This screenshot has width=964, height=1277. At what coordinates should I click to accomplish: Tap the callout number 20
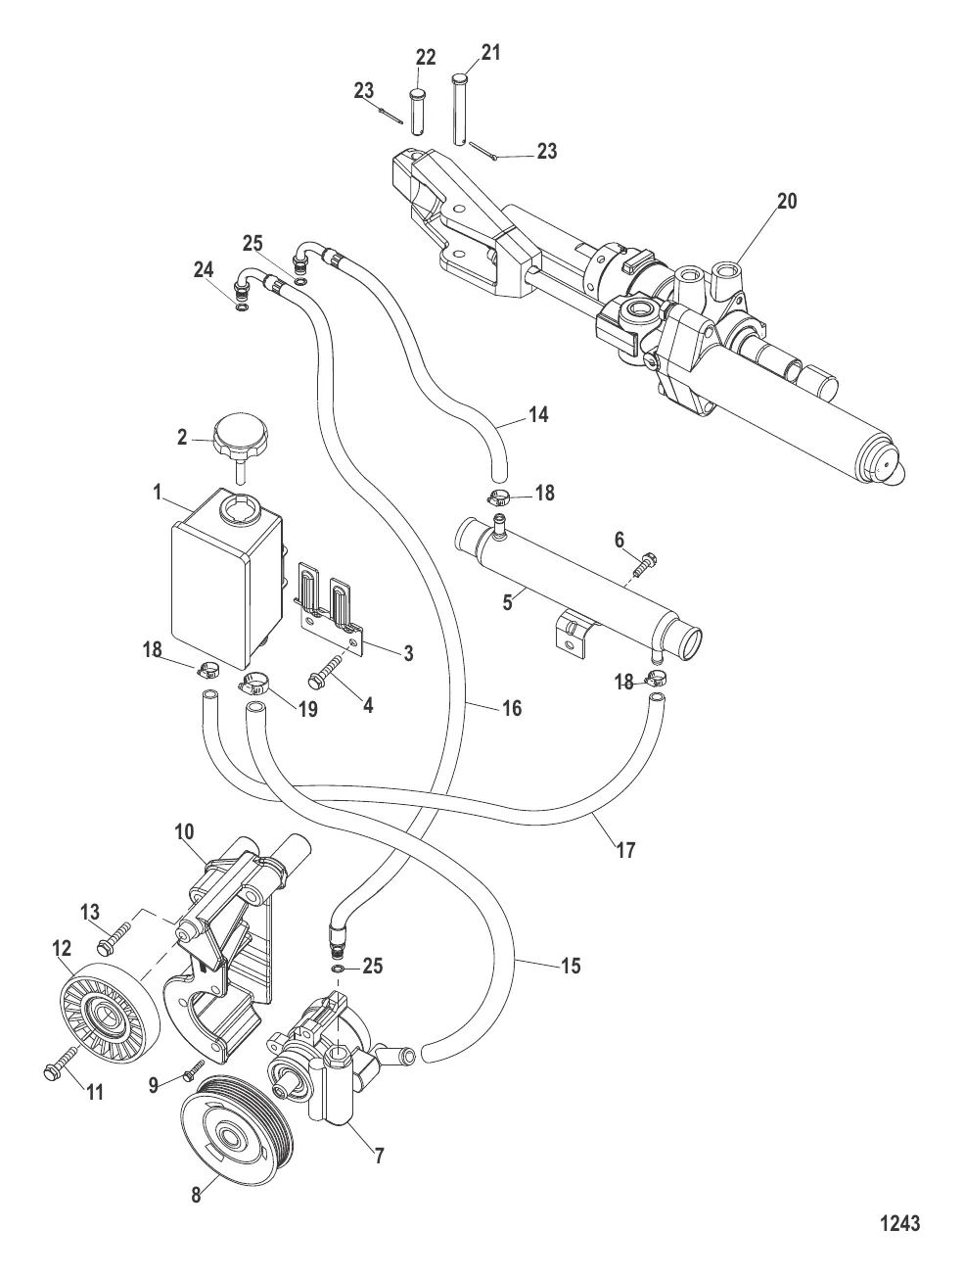(787, 201)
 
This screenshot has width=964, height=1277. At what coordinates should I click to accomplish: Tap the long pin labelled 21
(460, 110)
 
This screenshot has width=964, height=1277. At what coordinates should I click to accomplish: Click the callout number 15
(570, 966)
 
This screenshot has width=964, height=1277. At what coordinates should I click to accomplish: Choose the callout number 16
(510, 707)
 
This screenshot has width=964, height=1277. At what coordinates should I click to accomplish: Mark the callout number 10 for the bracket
(185, 831)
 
